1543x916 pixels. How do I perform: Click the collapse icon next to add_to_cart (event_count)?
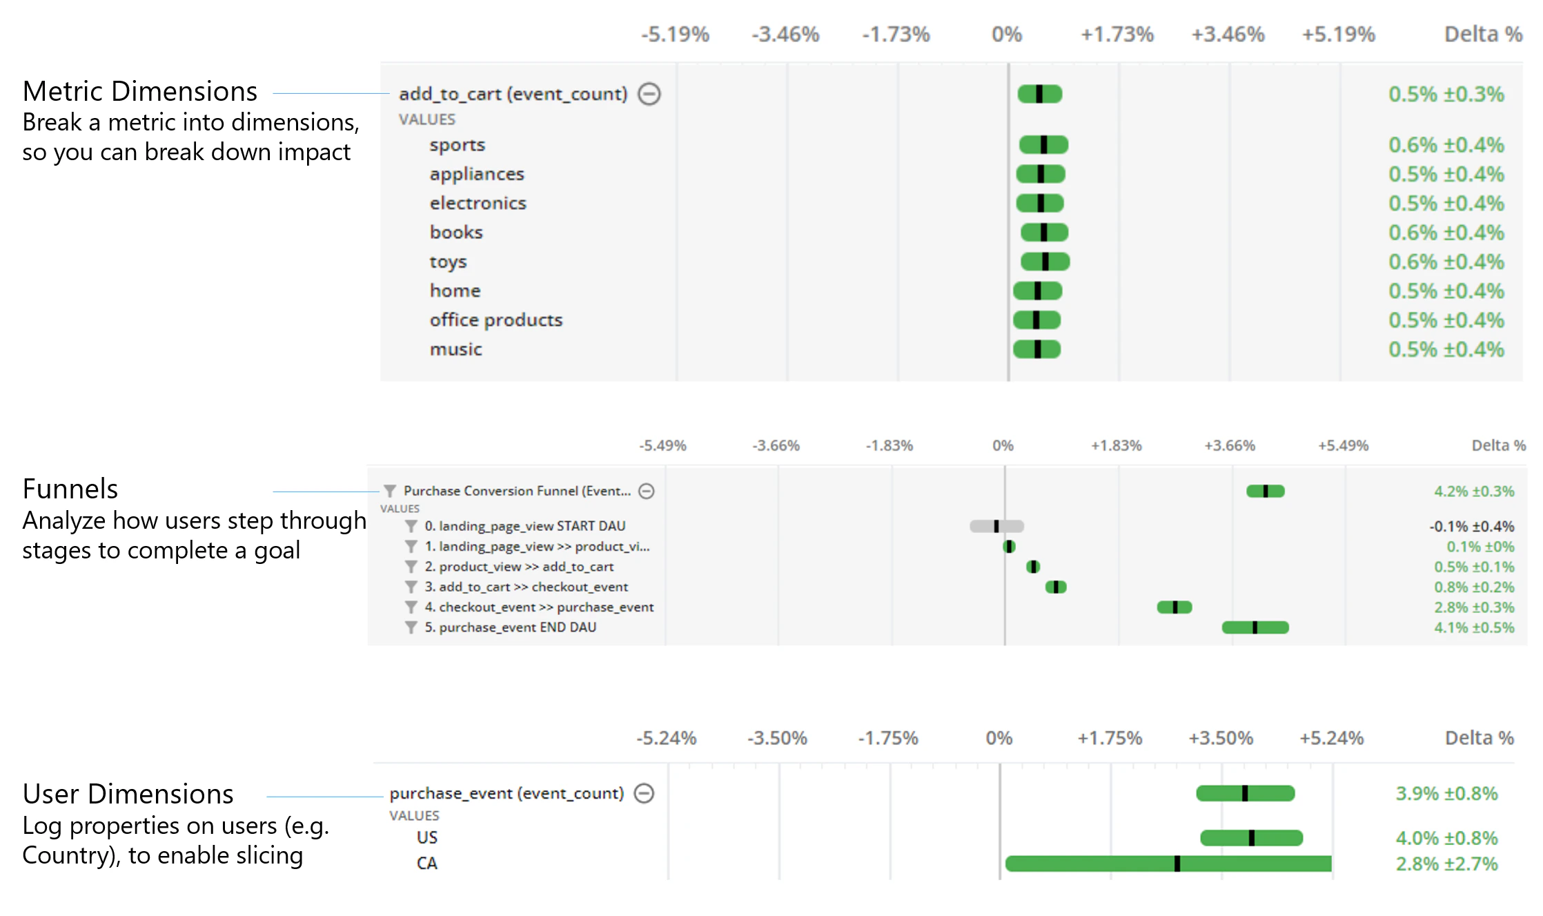coord(649,94)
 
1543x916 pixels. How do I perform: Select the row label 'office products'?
coord(495,320)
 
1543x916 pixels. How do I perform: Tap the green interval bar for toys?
coord(1045,262)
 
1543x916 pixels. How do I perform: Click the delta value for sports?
coord(1446,145)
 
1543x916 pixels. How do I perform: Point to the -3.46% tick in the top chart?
coord(785,35)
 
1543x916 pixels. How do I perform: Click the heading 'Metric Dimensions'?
coord(139,91)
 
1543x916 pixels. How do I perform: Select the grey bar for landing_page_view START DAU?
coord(996,526)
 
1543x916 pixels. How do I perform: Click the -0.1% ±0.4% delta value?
coord(1471,527)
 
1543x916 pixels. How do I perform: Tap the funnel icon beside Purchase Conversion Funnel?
coord(390,491)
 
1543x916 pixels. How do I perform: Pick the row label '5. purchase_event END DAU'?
coord(510,627)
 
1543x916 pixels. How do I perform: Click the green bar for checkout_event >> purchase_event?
coord(1174,607)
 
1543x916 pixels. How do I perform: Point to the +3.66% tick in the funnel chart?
coord(1230,446)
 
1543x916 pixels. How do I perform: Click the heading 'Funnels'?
coord(70,489)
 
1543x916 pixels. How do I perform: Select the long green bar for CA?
coord(1168,864)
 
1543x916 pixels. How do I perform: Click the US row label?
coord(426,837)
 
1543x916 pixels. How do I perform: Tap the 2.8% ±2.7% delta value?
coord(1446,864)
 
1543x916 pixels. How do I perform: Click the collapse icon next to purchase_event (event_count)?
coord(644,793)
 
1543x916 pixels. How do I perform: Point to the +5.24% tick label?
coord(1331,739)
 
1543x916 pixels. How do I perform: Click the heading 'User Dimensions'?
coord(128,794)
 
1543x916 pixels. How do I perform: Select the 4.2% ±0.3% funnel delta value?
coord(1473,491)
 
